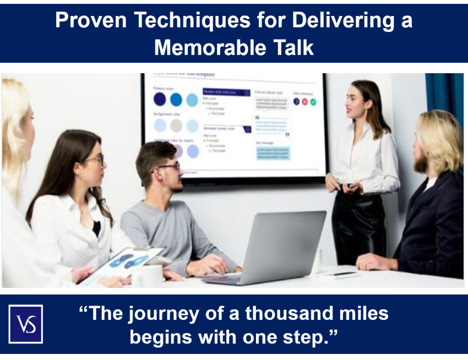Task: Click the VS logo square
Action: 25,324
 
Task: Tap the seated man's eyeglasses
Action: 170,166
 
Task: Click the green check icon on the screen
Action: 313,102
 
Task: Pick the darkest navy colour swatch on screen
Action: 160,99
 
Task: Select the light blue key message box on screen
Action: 273,152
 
